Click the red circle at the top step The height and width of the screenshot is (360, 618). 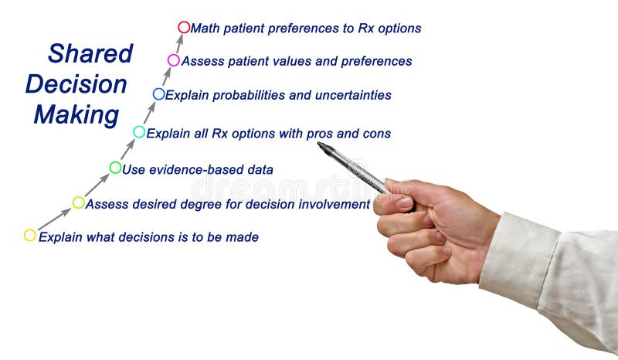pos(184,27)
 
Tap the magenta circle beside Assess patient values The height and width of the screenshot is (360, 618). pos(174,60)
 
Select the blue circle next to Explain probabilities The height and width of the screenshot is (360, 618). pos(158,94)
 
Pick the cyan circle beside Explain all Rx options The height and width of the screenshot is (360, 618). pos(139,132)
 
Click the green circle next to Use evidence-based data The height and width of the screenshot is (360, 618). pos(115,168)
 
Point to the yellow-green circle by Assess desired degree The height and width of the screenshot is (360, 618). pos(79,202)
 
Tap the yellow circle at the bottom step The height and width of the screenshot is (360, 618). pos(30,236)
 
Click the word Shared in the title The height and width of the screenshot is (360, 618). pos(90,53)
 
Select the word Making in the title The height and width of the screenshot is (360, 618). pos(76,115)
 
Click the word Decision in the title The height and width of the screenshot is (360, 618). pos(76,84)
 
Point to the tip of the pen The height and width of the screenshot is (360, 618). pos(320,144)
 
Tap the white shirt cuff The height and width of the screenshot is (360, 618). pos(518,259)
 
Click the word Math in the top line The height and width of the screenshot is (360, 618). pos(206,28)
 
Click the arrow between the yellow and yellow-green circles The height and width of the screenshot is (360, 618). pos(54,219)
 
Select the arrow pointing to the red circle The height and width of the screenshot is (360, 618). pos(178,43)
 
